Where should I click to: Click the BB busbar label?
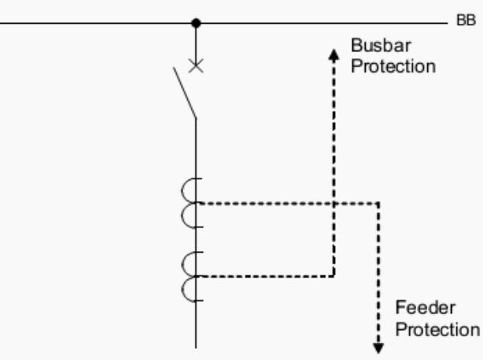pyautogui.click(x=466, y=22)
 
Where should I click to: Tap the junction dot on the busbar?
pyautogui.click(x=196, y=23)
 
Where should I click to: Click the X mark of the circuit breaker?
pyautogui.click(x=196, y=66)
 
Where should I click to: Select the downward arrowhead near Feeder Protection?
pyautogui.click(x=379, y=347)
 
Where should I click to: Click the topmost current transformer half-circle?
pyautogui.click(x=190, y=191)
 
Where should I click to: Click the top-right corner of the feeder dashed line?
pyautogui.click(x=379, y=204)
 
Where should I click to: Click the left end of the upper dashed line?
pyautogui.click(x=199, y=204)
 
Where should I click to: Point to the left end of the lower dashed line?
pyautogui.click(x=199, y=276)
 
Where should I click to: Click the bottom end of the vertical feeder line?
pyautogui.click(x=196, y=346)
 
